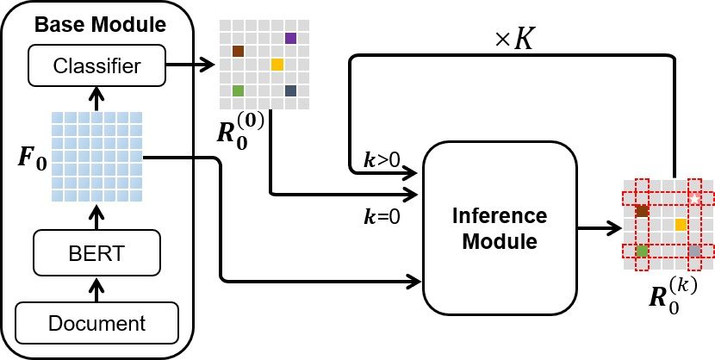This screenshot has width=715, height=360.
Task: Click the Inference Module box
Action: click(500, 227)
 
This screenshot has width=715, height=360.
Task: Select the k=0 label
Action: click(380, 217)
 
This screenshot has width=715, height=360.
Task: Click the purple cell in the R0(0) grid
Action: click(291, 38)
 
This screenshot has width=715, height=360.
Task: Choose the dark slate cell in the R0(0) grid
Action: click(291, 90)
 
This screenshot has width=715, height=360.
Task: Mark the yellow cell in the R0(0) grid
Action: click(277, 65)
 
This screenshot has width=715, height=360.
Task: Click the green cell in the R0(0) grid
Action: click(239, 90)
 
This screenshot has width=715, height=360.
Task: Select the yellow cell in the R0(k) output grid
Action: click(681, 225)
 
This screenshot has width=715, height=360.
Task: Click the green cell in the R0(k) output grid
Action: click(642, 251)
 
